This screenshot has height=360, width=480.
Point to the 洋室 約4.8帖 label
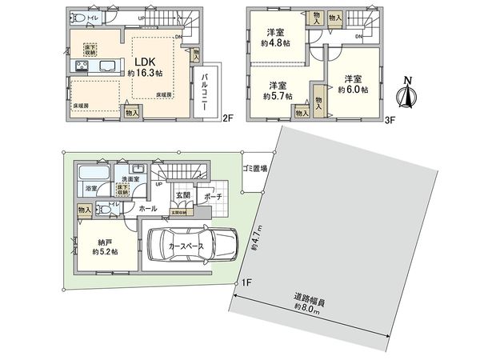tap(277, 38)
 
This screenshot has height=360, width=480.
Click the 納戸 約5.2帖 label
tap(103, 246)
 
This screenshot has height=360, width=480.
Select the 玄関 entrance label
tap(182, 194)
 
